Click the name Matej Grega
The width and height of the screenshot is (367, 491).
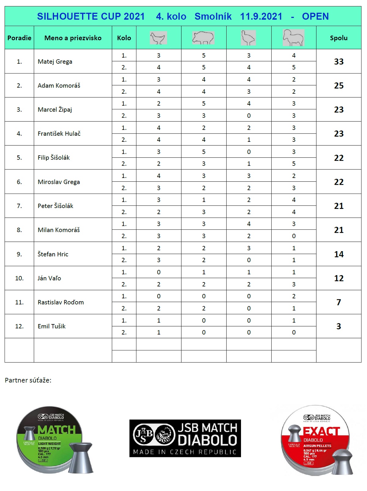point(55,62)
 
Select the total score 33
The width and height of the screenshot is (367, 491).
point(339,62)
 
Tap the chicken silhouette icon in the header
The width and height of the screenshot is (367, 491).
point(158,38)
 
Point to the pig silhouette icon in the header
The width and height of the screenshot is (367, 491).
point(203,38)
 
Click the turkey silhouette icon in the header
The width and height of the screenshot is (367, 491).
point(248,38)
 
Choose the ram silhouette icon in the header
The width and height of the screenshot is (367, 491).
point(294,38)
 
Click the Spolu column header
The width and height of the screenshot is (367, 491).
point(339,38)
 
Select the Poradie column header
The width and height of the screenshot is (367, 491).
point(19,38)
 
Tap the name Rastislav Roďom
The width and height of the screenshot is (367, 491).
point(61,302)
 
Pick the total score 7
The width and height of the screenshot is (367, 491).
point(339,302)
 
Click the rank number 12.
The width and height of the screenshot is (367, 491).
point(19,326)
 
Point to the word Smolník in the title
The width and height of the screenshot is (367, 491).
point(213,16)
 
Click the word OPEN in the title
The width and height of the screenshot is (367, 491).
point(315,16)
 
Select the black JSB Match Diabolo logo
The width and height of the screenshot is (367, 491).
point(185,438)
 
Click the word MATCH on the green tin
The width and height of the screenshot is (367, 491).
point(57,430)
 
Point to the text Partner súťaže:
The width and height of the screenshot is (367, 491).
point(28,380)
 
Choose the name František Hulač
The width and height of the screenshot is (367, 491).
point(59,134)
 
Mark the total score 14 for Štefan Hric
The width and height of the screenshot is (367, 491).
point(339,254)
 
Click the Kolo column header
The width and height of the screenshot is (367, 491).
point(124,38)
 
